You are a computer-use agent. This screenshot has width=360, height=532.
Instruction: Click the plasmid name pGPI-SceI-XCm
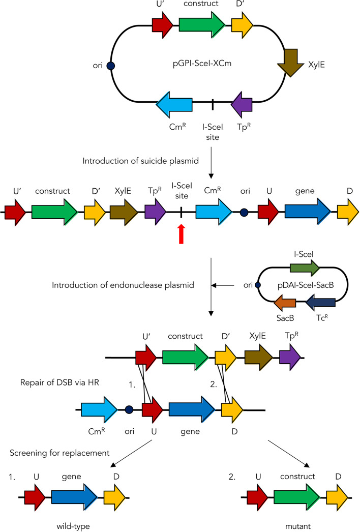[x=202, y=64]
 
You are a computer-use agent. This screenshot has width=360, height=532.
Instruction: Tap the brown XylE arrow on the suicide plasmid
[x=291, y=63]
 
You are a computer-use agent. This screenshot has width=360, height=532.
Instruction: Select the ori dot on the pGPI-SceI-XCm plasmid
[x=111, y=66]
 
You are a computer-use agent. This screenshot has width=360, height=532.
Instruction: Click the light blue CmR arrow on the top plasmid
[x=174, y=104]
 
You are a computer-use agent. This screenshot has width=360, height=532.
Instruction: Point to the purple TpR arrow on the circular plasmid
[x=242, y=104]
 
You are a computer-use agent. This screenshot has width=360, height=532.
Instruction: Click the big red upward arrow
[x=182, y=234]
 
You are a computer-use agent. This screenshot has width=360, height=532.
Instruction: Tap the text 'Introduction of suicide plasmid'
[x=140, y=161]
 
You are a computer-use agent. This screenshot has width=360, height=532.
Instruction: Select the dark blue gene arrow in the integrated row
[x=308, y=212]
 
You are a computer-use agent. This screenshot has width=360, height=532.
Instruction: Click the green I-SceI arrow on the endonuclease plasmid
[x=305, y=269]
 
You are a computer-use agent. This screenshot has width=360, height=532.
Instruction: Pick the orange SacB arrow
[x=285, y=303]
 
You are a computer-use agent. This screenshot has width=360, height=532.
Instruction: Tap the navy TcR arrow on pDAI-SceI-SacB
[x=321, y=303]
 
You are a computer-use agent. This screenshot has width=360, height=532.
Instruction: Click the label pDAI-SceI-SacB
[x=306, y=285]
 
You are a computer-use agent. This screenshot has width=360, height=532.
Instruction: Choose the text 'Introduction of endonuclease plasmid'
[x=123, y=285]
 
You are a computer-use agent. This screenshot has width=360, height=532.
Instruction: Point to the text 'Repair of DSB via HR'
[x=59, y=382]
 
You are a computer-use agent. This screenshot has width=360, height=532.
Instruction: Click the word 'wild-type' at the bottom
[x=73, y=526]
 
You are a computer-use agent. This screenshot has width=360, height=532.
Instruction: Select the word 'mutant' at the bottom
[x=298, y=526]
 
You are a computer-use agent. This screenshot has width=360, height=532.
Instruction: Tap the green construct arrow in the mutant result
[x=297, y=498]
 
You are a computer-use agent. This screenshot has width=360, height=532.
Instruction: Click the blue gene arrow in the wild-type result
[x=74, y=498]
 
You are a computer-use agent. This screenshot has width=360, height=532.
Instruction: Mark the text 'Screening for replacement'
[x=59, y=453]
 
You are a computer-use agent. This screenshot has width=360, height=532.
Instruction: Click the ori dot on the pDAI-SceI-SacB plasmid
[x=257, y=285]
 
